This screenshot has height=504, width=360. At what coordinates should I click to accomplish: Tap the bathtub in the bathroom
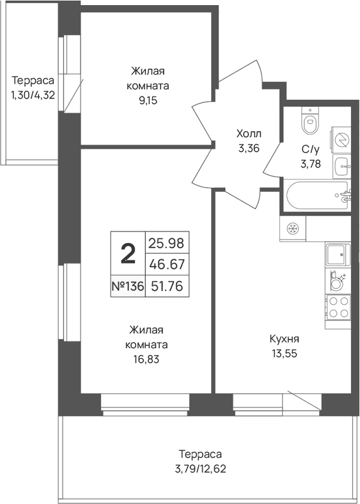click(317, 196)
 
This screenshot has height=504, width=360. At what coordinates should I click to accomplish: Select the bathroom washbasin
click(341, 165)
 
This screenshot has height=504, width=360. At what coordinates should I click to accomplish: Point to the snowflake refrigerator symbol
click(293, 228)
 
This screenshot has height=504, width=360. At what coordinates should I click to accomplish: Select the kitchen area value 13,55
click(284, 354)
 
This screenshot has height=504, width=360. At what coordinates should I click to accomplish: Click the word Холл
click(249, 133)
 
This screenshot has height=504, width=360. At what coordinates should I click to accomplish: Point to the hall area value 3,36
click(249, 148)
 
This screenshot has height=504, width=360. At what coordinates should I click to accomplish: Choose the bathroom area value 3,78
click(311, 164)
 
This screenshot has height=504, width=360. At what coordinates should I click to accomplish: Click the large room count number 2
click(128, 253)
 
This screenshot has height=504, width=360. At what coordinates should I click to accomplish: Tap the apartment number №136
click(127, 286)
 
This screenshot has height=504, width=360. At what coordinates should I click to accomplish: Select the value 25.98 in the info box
click(166, 243)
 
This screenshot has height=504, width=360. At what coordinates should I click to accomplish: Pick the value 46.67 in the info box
click(167, 265)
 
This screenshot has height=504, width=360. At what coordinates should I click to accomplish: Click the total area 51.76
click(166, 286)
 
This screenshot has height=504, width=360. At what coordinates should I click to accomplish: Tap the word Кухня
click(285, 339)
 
